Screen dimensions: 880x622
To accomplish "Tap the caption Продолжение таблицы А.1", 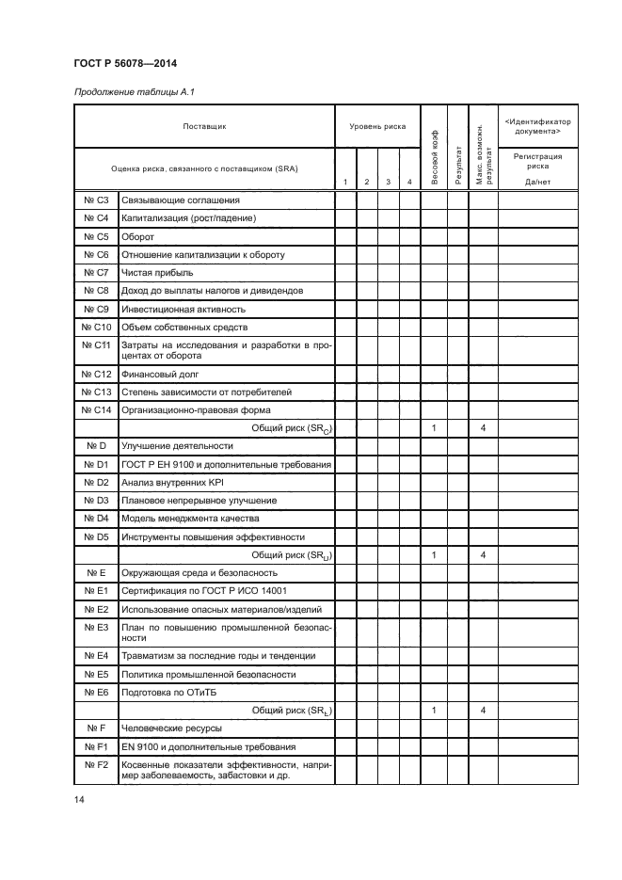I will click(126, 91).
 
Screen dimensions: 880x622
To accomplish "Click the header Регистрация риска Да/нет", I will click(538, 168).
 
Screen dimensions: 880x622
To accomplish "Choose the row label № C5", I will click(97, 236).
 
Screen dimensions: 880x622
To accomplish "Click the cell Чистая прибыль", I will click(156, 272).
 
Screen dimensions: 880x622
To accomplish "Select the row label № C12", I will click(97, 374).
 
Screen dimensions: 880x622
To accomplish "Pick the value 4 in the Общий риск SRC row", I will click(483, 428).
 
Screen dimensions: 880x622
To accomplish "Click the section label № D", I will click(97, 446).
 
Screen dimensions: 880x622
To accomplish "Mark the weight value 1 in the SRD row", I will click(433, 555).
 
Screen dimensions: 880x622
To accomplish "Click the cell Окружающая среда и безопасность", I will click(199, 573).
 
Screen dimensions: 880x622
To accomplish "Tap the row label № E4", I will click(97, 656).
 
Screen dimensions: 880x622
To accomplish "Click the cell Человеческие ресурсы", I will click(170, 728).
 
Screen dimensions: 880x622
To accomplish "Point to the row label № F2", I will click(97, 765).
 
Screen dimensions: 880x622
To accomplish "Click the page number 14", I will click(78, 800).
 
